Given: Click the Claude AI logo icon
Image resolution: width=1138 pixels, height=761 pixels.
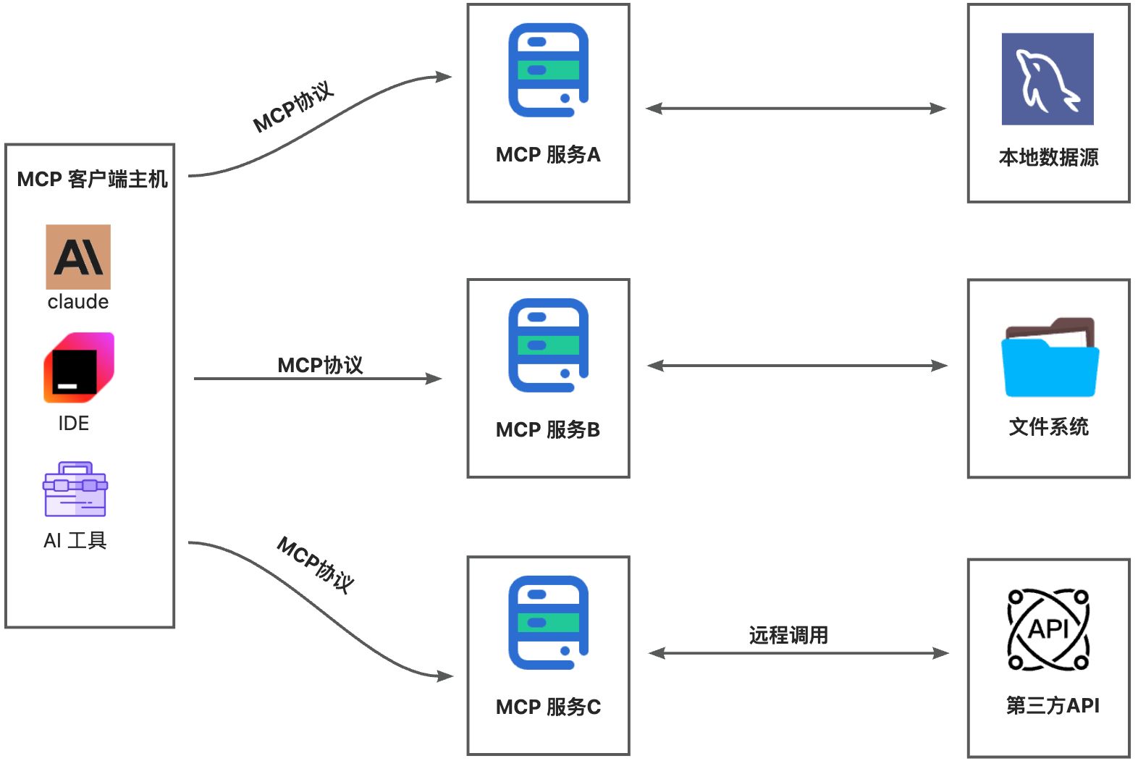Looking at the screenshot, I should coord(78,256).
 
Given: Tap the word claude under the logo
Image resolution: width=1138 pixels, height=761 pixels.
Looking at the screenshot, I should coord(78,302).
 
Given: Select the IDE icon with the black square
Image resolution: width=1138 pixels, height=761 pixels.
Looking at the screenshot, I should coord(78,368).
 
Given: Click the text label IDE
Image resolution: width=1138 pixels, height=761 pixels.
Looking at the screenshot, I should coord(74,424).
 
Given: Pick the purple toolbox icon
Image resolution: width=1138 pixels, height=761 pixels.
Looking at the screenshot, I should coord(75,489).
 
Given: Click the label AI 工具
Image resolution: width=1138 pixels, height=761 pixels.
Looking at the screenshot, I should coord(75,541).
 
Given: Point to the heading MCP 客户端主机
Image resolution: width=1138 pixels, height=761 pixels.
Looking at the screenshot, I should coord(92,179).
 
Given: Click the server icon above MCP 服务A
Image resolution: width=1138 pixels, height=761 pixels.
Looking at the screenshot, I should coord(548,70).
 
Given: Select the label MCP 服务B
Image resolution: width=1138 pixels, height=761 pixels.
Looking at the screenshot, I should coord(548,430).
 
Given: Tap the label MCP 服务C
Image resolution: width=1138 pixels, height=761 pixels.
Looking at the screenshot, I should coord(548,707).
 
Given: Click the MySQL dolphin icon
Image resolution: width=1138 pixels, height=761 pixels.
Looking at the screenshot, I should coord(1048,79).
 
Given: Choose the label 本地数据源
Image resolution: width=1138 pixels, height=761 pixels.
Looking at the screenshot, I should coord(1048,157).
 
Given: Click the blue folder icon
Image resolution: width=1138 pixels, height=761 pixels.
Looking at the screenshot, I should coord(1050,358).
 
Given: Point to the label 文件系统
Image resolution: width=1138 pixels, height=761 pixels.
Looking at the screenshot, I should coord(1048,426).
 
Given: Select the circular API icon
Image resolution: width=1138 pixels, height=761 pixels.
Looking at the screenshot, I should coord(1048,629).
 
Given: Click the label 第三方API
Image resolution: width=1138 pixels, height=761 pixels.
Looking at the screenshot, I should coord(1053,705).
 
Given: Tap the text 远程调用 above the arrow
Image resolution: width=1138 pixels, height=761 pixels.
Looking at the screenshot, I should coord(788,635).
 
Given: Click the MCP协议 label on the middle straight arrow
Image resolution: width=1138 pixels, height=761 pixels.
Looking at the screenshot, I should coord(320,365).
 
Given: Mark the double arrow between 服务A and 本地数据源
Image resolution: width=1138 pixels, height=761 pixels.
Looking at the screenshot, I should coord(796,109).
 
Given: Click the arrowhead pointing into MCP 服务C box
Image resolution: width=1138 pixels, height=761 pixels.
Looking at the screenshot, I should coord(444,676).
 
